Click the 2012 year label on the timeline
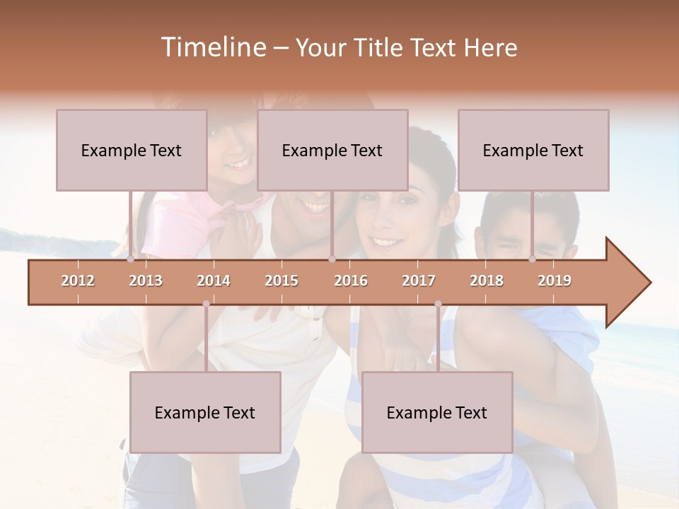click(x=78, y=281)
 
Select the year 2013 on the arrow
click(x=146, y=281)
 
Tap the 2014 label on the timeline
click(x=214, y=281)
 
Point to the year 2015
click(x=282, y=281)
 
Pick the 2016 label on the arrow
click(x=351, y=281)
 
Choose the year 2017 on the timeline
click(x=419, y=281)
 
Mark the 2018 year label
click(x=487, y=281)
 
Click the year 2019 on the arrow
click(x=555, y=281)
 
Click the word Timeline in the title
click(x=212, y=47)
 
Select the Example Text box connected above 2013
click(x=132, y=150)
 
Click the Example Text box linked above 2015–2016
click(x=332, y=150)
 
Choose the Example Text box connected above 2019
click(x=533, y=150)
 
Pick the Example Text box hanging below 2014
click(x=205, y=412)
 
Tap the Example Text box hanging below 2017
click(x=437, y=412)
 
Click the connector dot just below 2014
click(x=206, y=304)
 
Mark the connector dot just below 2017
click(x=438, y=304)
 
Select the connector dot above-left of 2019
click(x=532, y=259)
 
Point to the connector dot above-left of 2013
click(x=130, y=259)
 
